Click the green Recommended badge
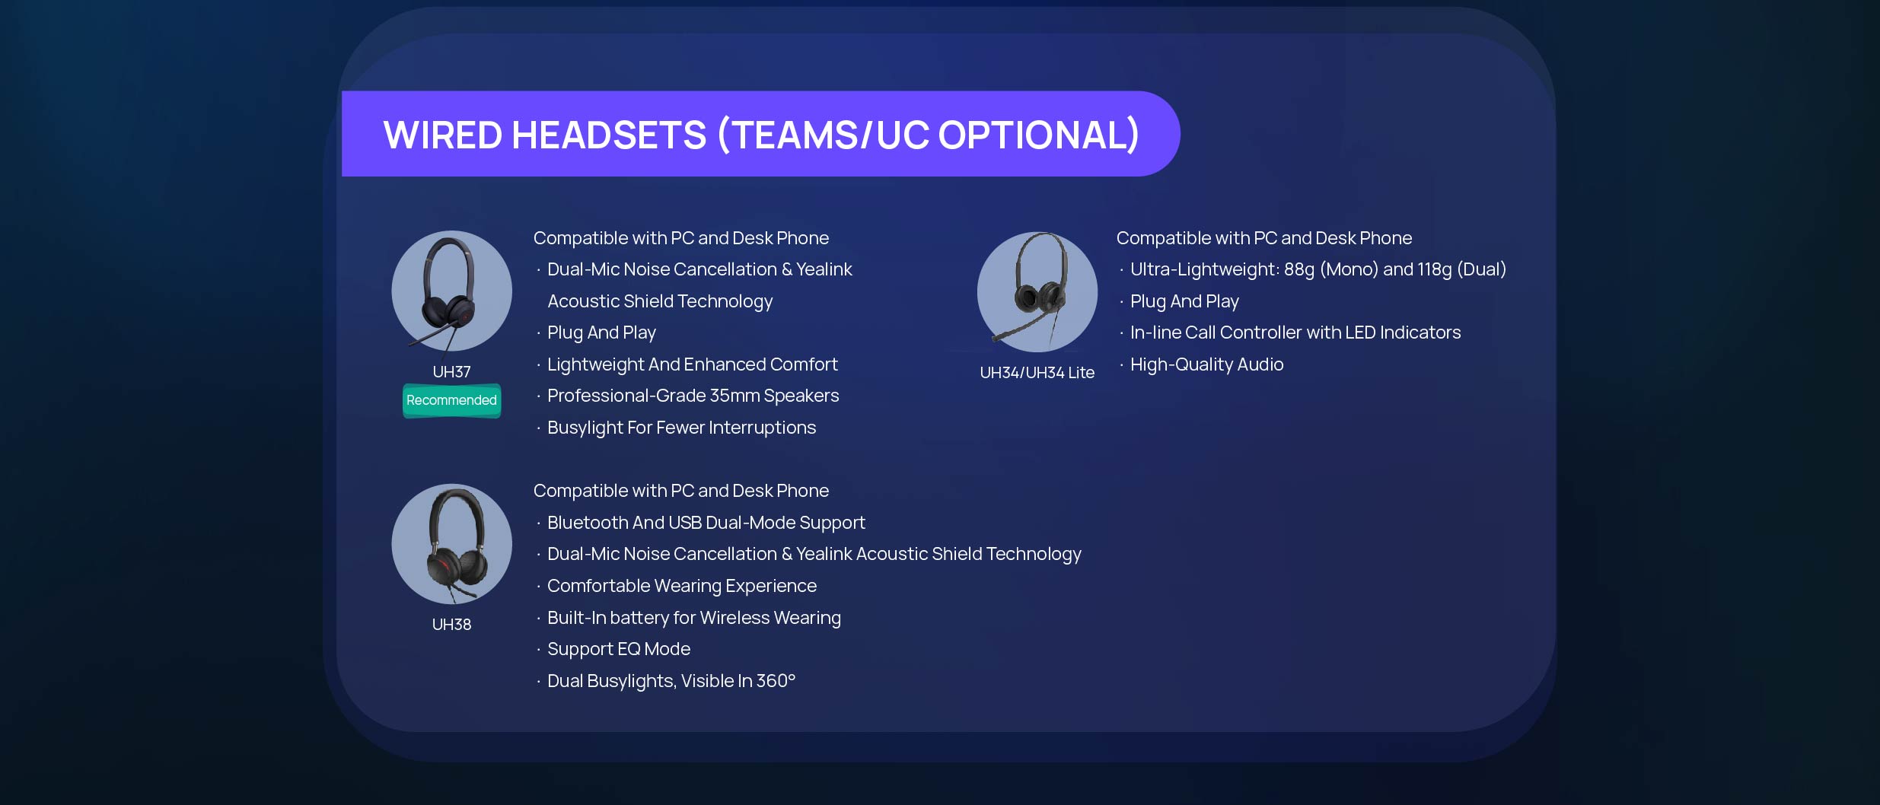(451, 400)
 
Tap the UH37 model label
(451, 372)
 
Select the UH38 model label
(451, 625)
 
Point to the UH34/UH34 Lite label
(1037, 373)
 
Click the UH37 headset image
(451, 291)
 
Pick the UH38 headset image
(451, 544)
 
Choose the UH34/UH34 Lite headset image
(1037, 291)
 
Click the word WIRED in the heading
(443, 135)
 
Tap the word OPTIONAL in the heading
(1038, 135)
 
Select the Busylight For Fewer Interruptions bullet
(681, 428)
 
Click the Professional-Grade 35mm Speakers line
(693, 396)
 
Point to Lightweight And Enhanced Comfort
(692, 364)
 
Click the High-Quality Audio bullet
(1206, 364)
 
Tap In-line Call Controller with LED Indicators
(1295, 332)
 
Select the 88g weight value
(1299, 269)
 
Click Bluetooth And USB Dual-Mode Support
(706, 523)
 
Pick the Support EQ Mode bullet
(618, 649)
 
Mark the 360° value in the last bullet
(776, 681)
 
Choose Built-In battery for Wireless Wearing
(693, 618)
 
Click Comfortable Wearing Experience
(681, 586)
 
